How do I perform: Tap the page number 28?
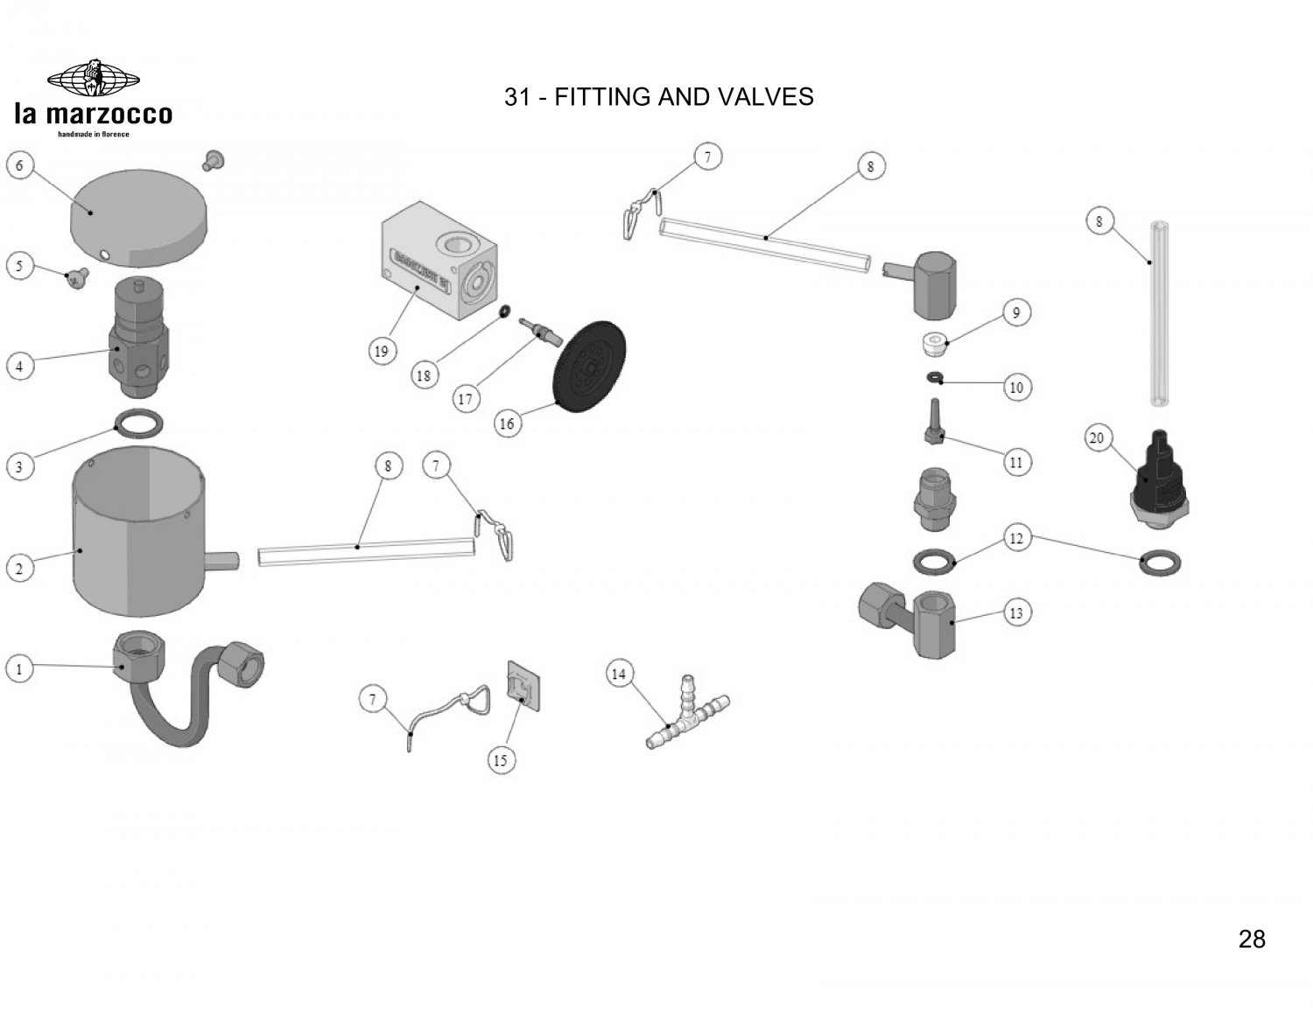click(x=1252, y=940)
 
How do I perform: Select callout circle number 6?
click(x=19, y=164)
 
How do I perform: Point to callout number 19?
click(x=381, y=352)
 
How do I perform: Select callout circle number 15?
click(x=500, y=760)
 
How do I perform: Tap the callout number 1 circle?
click(x=19, y=669)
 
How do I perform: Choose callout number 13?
click(x=1015, y=612)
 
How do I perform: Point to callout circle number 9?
click(x=1015, y=312)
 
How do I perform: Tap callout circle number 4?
click(x=19, y=366)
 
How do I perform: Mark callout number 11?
click(x=1015, y=462)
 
